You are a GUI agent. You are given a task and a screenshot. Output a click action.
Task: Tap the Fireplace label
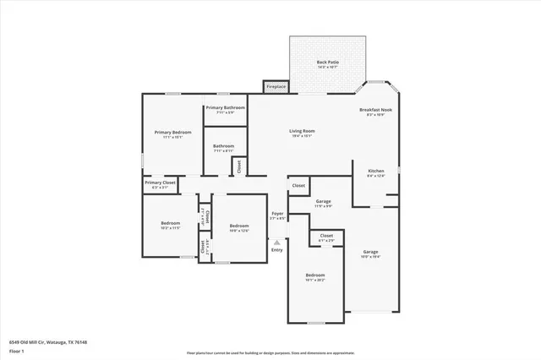(276, 86)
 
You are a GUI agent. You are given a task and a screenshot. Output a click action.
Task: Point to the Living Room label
(302, 131)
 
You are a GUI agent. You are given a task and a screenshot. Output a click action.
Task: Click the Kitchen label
(375, 171)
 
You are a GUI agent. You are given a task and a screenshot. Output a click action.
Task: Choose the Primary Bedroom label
(172, 133)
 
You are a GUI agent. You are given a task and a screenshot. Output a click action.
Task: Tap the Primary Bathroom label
(225, 107)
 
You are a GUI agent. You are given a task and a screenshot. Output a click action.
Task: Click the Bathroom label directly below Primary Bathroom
(223, 146)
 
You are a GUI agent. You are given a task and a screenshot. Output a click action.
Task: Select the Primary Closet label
(159, 183)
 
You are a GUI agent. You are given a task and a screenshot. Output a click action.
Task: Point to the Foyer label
(277, 214)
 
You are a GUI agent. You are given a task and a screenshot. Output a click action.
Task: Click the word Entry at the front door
(276, 249)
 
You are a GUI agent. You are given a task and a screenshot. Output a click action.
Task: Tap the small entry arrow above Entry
(276, 241)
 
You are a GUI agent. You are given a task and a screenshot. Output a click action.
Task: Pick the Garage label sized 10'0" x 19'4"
(370, 252)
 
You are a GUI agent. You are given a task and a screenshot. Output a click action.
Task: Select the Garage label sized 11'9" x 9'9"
(323, 201)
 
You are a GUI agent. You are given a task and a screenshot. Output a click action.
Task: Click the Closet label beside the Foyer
(298, 185)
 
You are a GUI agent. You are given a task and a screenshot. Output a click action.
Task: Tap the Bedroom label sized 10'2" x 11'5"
(171, 223)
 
